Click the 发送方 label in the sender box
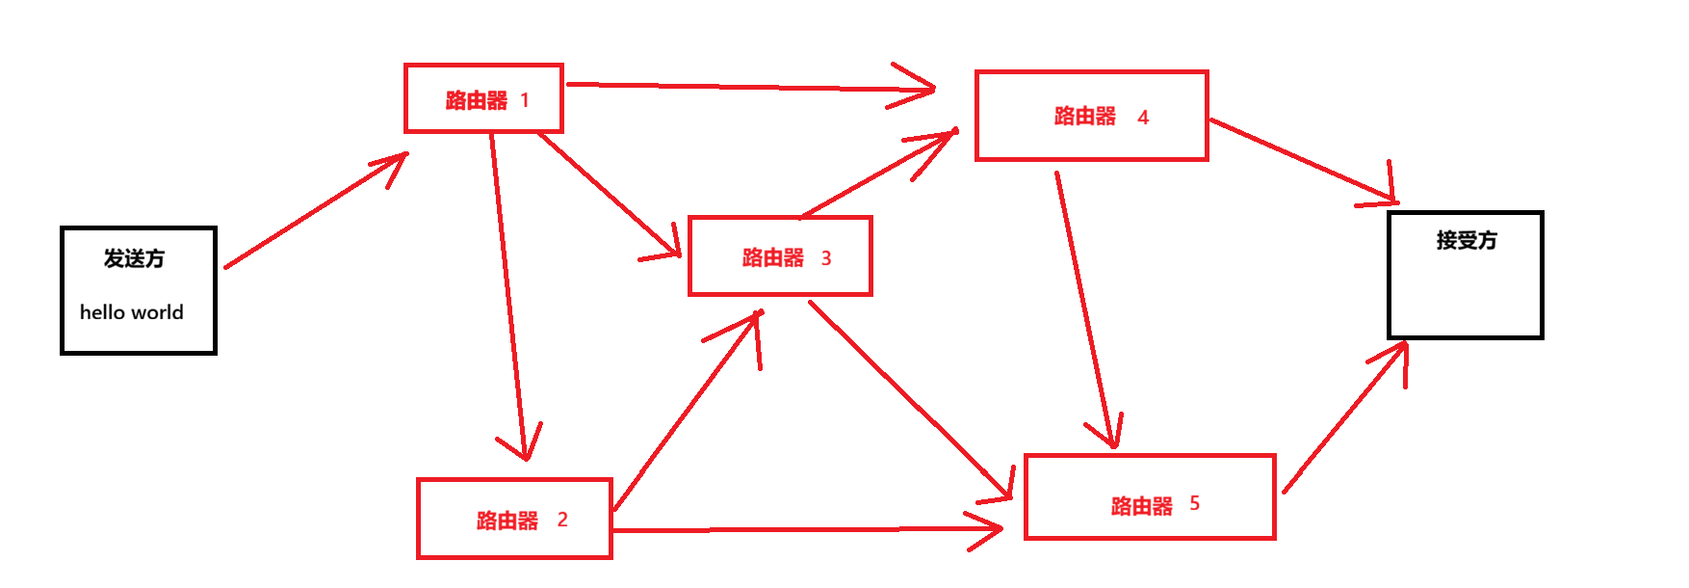click(x=135, y=258)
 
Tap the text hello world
click(x=132, y=312)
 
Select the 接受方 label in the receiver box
click(x=1467, y=240)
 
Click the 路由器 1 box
click(x=483, y=98)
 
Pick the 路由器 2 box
click(x=514, y=519)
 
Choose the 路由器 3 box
click(x=780, y=256)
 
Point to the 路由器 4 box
click(x=1091, y=116)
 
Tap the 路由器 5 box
click(x=1150, y=497)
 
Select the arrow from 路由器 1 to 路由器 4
click(x=741, y=87)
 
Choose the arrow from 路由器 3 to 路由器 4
click(x=876, y=174)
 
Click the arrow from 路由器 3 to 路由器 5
click(x=910, y=400)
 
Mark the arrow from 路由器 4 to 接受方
click(x=1300, y=159)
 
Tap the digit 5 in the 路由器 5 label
click(x=1194, y=503)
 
